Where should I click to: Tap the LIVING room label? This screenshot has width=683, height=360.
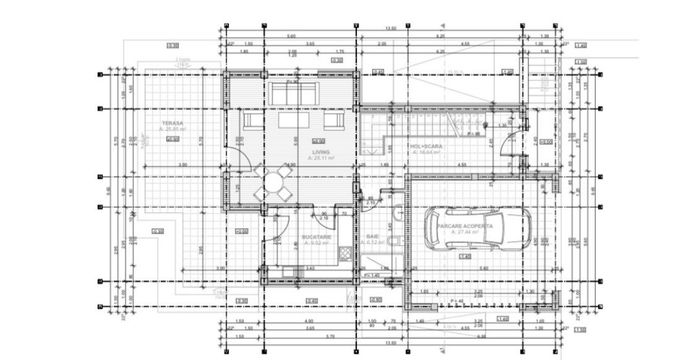(321, 152)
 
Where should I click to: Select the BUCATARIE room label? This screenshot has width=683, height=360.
(316, 237)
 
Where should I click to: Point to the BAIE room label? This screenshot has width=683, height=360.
(372, 237)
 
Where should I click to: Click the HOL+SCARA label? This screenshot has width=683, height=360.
(426, 147)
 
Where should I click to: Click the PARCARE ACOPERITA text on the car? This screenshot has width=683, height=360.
(465, 226)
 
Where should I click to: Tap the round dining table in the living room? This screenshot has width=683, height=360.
(272, 182)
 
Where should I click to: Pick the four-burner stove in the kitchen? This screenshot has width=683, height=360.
(345, 254)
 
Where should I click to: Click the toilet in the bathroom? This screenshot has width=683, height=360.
(395, 242)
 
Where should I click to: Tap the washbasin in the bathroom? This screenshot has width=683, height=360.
(398, 214)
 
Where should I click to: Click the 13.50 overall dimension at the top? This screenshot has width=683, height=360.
(391, 28)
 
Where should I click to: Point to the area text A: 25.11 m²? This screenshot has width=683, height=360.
(321, 158)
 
